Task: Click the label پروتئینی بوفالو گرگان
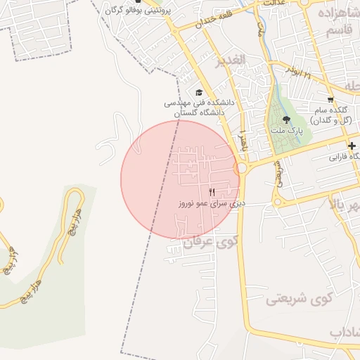136,11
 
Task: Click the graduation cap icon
198,92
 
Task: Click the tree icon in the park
286,120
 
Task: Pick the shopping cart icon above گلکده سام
330,99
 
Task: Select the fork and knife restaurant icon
212,192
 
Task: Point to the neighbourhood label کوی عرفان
212,243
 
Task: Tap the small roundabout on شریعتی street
278,202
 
